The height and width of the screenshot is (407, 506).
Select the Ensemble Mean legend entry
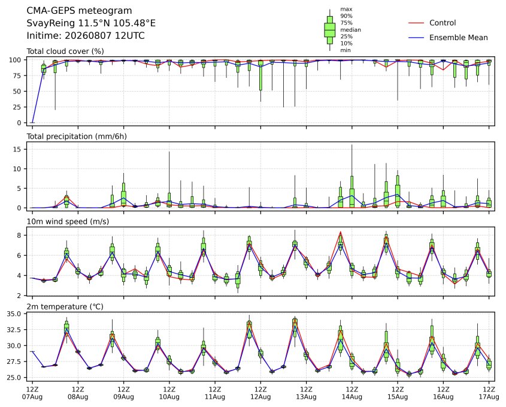tap(458, 38)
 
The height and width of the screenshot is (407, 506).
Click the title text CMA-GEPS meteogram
tap(79, 11)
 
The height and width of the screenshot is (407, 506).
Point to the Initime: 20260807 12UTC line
tap(86, 35)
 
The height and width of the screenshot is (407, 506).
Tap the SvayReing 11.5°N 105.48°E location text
tap(91, 23)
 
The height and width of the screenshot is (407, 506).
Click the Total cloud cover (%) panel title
tap(65, 51)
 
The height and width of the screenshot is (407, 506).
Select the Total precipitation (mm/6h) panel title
tap(77, 136)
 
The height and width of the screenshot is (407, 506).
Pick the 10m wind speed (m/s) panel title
tap(68, 221)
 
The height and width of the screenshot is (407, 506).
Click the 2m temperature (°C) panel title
tap(65, 306)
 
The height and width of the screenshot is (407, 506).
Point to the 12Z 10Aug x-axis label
tap(169, 393)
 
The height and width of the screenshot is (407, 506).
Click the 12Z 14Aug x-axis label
tap(352, 393)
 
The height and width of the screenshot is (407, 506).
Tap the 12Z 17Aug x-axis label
tap(489, 393)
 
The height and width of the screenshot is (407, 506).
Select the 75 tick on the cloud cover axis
tap(17, 76)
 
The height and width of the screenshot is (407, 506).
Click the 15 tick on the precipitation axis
tap(17, 149)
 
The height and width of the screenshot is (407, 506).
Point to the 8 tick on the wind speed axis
tap(19, 235)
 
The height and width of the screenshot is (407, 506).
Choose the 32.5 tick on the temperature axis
tap(14, 330)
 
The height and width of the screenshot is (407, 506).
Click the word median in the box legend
tap(350, 30)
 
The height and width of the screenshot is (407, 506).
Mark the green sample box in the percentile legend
tap(329, 30)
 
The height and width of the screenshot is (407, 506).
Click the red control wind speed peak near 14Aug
tap(341, 232)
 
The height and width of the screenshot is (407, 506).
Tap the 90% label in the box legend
tap(346, 16)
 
